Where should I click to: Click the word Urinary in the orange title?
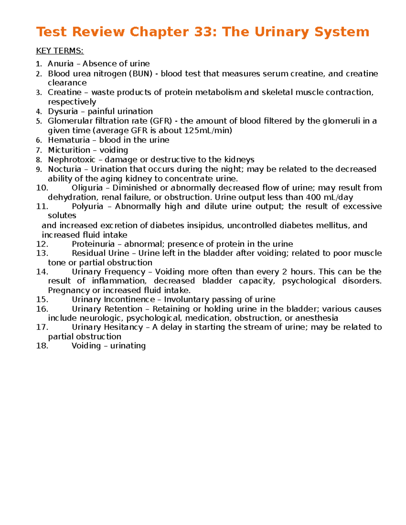click(282, 32)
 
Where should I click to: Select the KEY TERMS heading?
click(60, 51)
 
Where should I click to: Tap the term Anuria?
click(61, 64)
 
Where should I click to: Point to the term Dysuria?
click(63, 112)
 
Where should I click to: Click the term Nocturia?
click(65, 169)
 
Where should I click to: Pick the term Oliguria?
click(87, 188)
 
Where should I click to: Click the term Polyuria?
click(87, 207)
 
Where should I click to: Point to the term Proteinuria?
click(93, 244)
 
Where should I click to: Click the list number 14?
click(42, 272)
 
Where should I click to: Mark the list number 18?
click(42, 346)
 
